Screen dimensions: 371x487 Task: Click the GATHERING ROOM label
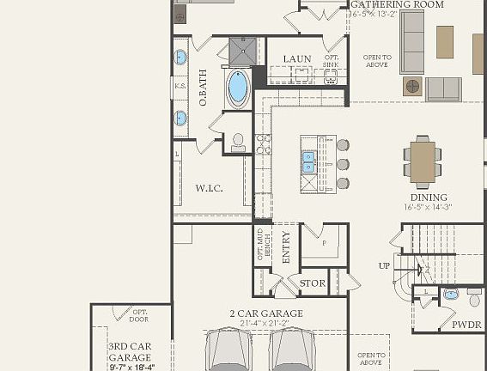(x=397, y=5)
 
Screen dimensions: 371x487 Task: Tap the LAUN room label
(x=297, y=59)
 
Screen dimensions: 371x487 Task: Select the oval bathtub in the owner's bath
(x=237, y=87)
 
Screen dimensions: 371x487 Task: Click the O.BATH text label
(x=204, y=88)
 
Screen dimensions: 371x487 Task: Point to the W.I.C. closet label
(x=209, y=188)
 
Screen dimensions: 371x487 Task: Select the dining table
(x=422, y=162)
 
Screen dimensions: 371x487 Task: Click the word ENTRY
(x=286, y=247)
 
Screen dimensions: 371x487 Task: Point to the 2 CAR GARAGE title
(x=265, y=313)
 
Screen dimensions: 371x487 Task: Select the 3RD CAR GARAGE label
(x=131, y=351)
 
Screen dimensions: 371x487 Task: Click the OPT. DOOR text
(x=140, y=316)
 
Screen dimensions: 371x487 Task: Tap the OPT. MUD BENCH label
(x=263, y=246)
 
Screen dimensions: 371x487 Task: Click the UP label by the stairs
(x=384, y=265)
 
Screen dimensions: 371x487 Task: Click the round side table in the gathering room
(x=412, y=86)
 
